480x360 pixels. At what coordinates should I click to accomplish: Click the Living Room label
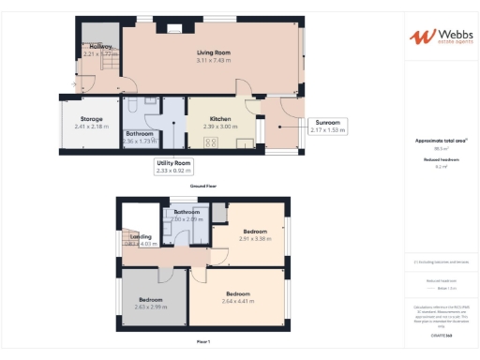[215, 52]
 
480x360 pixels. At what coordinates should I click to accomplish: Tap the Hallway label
[101, 47]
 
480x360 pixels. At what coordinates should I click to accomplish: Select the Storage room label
[91, 119]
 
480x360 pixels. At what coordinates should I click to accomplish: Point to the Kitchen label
[220, 119]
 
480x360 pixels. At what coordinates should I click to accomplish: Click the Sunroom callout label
[327, 123]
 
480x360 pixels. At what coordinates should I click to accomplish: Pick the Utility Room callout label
[173, 163]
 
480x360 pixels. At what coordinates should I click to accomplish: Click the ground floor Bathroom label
[140, 133]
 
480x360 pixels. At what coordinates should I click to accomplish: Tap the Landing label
[140, 236]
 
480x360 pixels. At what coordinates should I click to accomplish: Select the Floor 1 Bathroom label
[187, 213]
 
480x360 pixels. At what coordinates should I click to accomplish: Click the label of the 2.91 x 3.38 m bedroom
[255, 231]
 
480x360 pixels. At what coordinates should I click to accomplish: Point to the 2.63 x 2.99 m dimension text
[150, 307]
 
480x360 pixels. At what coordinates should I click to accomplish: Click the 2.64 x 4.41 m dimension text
[237, 301]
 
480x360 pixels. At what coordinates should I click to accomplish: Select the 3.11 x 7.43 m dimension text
[215, 59]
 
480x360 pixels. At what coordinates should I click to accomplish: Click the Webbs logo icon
[421, 37]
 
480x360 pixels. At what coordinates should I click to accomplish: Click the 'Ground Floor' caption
[203, 186]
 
